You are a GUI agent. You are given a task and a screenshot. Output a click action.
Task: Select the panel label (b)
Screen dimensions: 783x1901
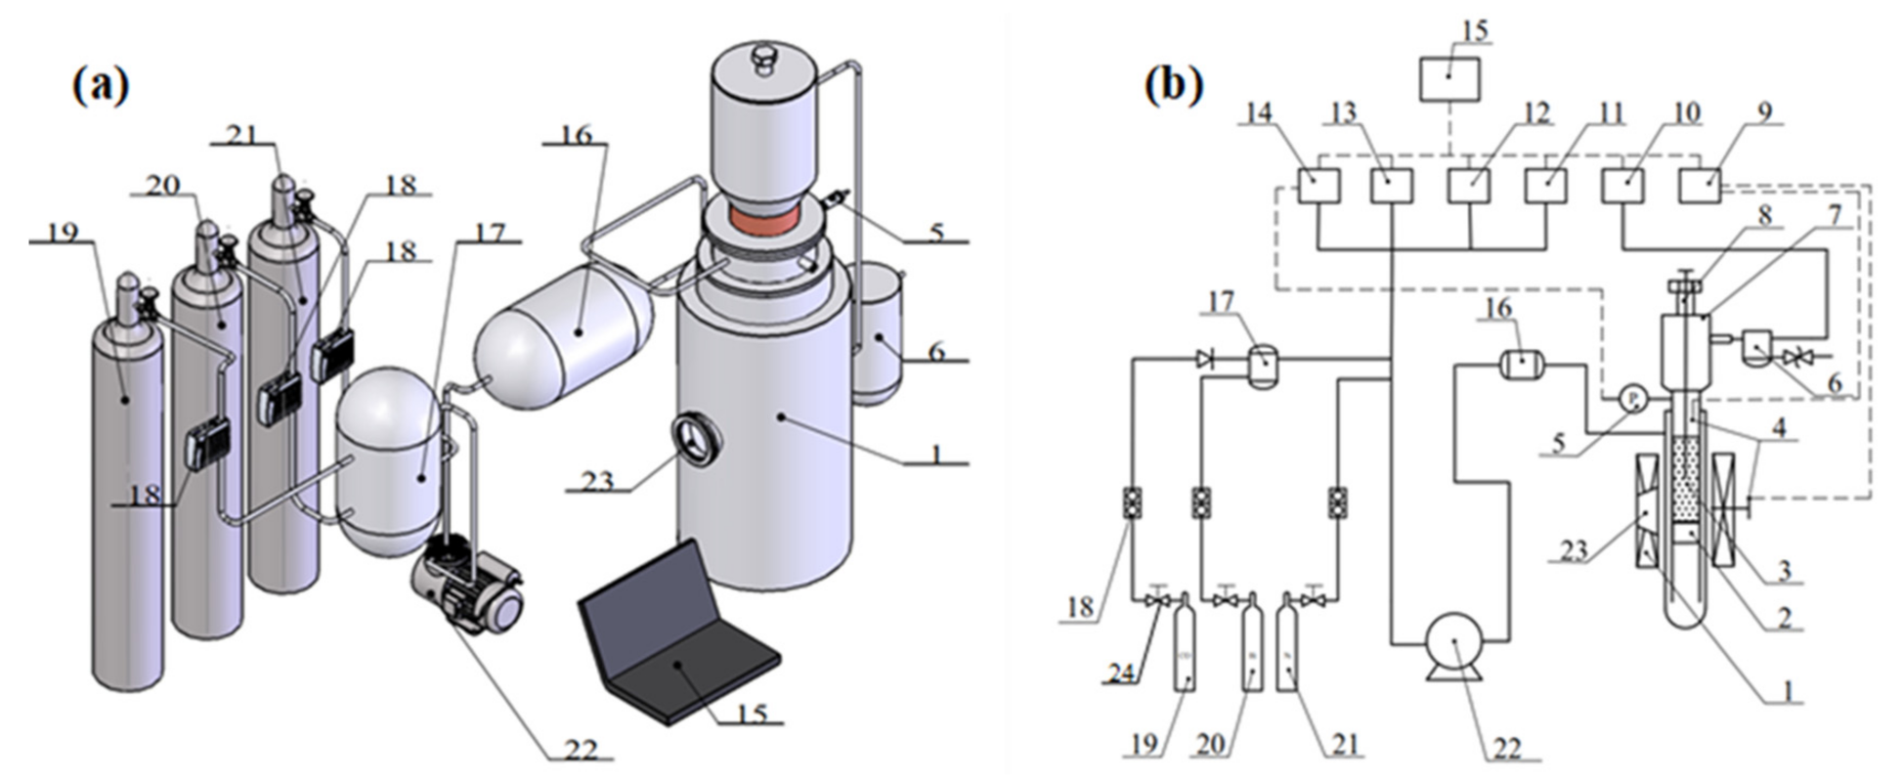[1173, 86]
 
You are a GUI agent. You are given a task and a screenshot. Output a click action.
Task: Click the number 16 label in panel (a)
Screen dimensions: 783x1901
[576, 134]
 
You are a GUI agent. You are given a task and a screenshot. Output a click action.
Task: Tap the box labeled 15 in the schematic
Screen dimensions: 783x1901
[1449, 79]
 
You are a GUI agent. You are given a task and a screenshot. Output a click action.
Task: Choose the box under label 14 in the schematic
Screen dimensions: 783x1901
[1318, 185]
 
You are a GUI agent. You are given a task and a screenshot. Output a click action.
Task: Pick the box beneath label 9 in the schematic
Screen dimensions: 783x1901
[1700, 185]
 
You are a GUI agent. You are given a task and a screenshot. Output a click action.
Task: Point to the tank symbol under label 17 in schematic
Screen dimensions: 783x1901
[1262, 360]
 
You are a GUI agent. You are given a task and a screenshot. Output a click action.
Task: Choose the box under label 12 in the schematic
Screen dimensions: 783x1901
[1469, 185]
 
